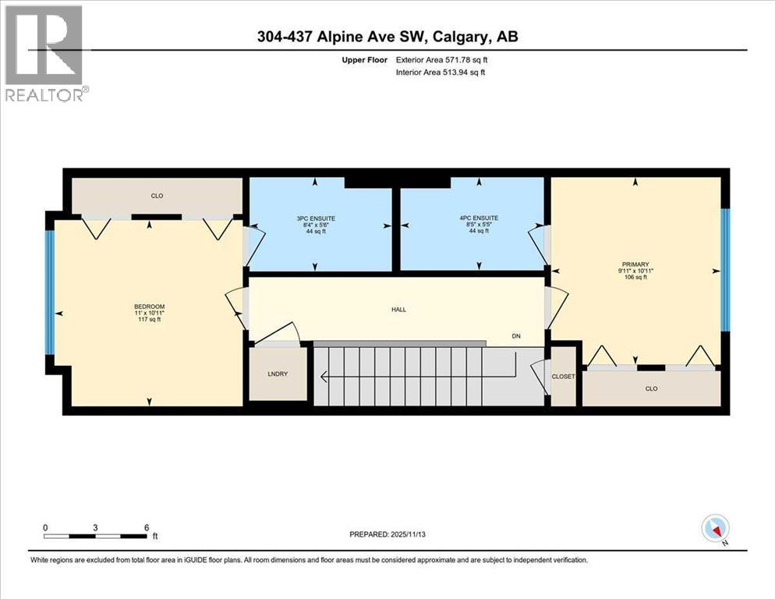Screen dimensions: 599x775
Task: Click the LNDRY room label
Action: coord(278,374)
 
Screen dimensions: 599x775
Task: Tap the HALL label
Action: coord(398,310)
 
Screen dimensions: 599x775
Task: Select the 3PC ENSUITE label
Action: coord(314,218)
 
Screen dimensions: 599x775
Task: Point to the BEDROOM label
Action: coord(149,306)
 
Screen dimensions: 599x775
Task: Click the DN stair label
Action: coord(515,336)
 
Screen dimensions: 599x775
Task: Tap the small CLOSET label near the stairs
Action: coord(563,377)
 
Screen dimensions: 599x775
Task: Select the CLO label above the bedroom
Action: coord(157,196)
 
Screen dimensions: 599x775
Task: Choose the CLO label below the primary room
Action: coord(651,388)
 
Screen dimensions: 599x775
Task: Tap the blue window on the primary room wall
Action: coord(724,270)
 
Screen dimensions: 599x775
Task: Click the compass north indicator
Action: coord(714,529)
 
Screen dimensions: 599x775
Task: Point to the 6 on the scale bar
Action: coord(147,527)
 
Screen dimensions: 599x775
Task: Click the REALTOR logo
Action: coord(44,55)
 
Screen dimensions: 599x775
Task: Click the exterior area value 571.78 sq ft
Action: coord(465,59)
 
